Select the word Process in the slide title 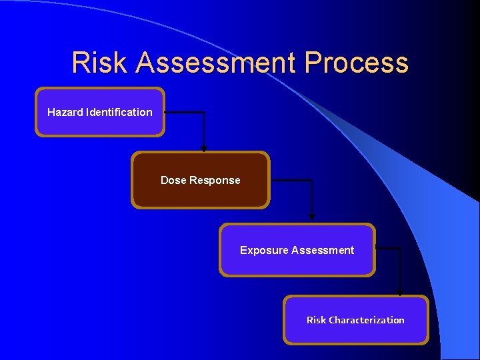(357, 63)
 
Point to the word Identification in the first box (119, 112)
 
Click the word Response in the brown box (215, 180)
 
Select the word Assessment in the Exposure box (323, 250)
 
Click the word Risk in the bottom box (316, 320)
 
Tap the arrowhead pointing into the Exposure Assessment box (311, 217)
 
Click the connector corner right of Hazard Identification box (204, 113)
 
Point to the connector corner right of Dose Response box (311, 181)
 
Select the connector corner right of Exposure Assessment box (400, 249)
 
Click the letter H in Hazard (51, 112)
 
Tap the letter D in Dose (164, 180)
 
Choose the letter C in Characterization (332, 320)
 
